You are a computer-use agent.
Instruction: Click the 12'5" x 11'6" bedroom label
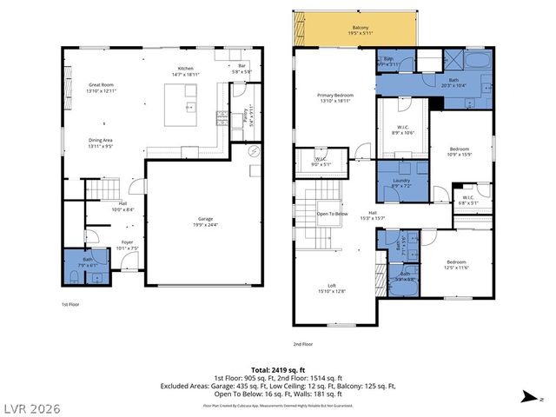click(x=457, y=264)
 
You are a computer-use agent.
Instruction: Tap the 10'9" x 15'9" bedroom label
click(x=459, y=151)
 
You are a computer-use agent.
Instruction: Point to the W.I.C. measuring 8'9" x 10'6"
click(x=403, y=129)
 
